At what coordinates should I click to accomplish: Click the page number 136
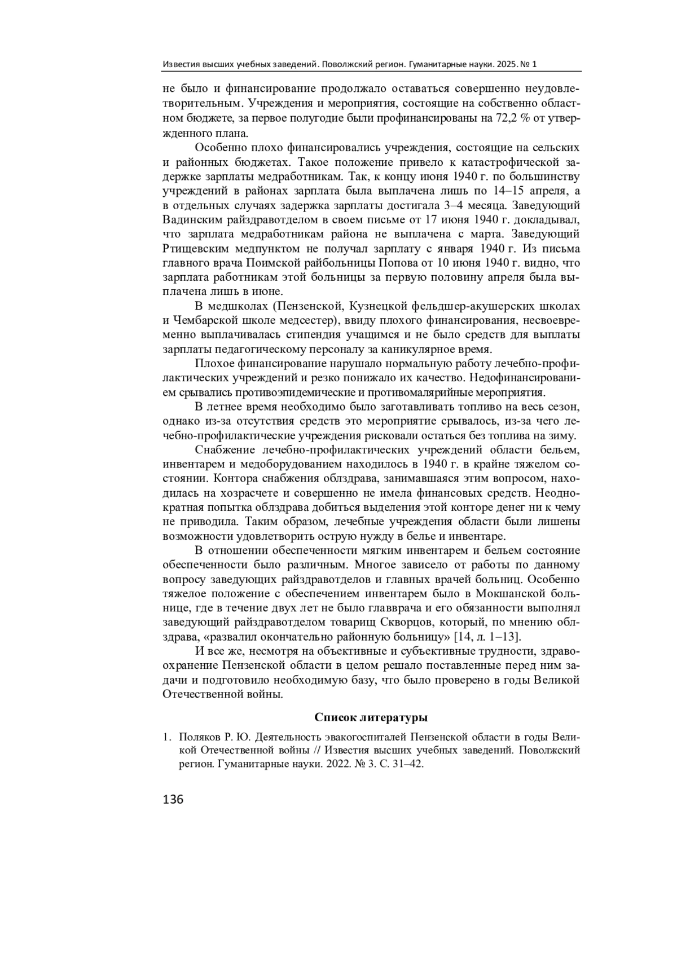173,799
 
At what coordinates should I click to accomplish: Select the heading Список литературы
371,717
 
